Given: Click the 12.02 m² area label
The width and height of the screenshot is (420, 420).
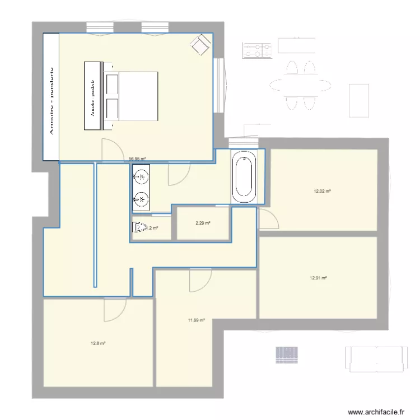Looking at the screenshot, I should coord(322,191).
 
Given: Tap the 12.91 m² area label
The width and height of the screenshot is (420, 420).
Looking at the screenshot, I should coord(318,278).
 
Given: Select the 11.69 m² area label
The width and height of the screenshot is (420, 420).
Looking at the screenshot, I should coord(196,320).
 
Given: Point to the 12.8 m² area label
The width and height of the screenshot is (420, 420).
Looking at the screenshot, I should coord(98,343).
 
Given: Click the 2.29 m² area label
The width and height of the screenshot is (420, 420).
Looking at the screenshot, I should coord(203,223).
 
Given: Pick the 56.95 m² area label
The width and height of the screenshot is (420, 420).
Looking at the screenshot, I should coord(137,158).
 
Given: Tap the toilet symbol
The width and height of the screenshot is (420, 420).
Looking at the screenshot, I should coord(138,227).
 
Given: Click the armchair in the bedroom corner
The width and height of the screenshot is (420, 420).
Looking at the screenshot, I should coord(200,44).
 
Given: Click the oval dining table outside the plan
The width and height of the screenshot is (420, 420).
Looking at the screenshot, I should coord(300,85).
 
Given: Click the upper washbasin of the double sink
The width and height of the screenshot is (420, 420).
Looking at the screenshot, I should coord(141,178).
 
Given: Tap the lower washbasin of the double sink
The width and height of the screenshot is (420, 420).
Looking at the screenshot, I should coord(141,198).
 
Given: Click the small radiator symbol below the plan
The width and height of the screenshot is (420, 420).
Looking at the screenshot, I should coord(286,354).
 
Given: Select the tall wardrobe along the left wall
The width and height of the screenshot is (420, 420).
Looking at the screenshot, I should coord(52,96).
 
